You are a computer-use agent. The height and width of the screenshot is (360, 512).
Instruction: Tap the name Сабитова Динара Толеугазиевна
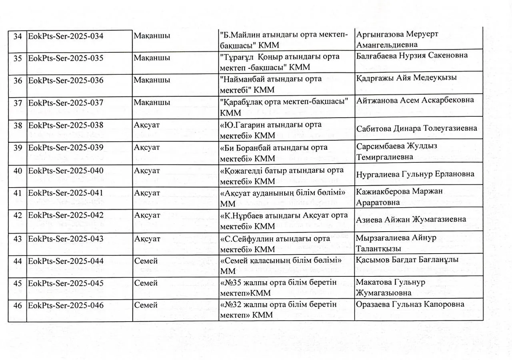[x=416, y=129]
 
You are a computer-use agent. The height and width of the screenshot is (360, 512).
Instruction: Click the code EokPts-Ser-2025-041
[x=66, y=193]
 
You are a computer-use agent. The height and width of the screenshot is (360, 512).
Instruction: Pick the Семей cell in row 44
[x=146, y=261]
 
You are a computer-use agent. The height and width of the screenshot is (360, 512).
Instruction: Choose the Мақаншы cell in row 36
[x=152, y=80]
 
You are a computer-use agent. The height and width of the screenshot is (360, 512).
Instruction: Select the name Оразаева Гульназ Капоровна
[x=410, y=304]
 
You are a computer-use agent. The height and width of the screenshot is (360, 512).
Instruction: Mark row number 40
[x=18, y=171]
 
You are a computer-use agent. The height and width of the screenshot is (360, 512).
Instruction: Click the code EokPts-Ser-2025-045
[x=66, y=284]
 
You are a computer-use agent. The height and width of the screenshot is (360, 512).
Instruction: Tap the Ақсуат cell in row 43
[x=147, y=239]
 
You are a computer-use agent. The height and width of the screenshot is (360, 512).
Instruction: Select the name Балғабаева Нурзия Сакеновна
[x=412, y=55]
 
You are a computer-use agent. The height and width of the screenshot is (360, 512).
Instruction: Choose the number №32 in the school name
[x=232, y=305]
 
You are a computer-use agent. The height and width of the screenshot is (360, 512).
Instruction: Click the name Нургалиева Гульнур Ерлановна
[x=415, y=174]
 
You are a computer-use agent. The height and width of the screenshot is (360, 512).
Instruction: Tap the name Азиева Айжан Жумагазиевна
[x=411, y=220]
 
